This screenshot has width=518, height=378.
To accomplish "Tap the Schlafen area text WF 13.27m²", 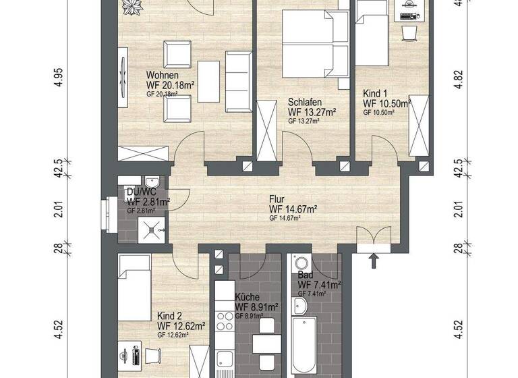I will [x=312, y=111].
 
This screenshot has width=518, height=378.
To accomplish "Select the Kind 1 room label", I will [x=375, y=93].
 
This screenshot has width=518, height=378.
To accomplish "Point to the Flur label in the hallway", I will [x=277, y=200].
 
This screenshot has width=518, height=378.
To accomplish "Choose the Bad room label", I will [x=305, y=276].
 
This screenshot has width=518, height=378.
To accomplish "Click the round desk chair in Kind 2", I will [x=154, y=355].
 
